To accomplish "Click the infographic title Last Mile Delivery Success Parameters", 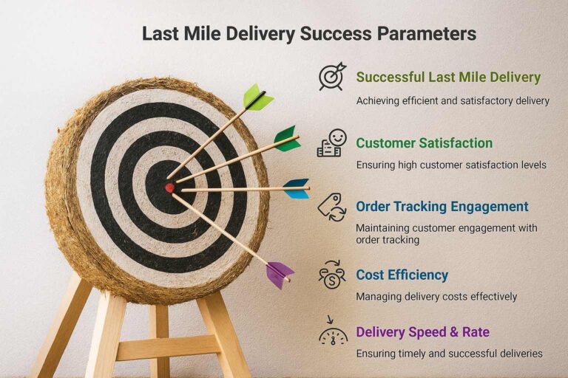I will [308, 34].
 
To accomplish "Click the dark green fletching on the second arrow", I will [287, 138].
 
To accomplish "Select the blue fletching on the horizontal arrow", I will [297, 188].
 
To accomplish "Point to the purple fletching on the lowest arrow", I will [279, 274].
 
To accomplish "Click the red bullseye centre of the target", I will [169, 188].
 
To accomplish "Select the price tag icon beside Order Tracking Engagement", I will [331, 207].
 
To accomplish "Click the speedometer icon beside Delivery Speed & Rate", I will [332, 334].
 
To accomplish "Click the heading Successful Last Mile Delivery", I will [448, 78].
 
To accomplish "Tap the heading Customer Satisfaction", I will [424, 142].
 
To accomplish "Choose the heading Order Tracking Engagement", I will [442, 207].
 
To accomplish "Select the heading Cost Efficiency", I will [402, 275].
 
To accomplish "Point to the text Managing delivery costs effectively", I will [436, 297].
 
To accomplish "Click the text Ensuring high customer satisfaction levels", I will [451, 165].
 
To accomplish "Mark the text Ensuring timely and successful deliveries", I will [449, 354].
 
